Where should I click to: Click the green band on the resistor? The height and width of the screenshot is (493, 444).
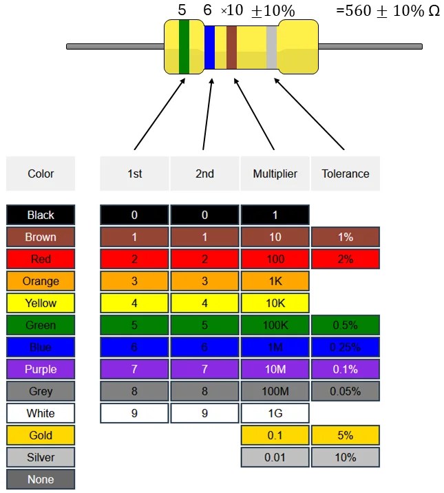tap(184, 47)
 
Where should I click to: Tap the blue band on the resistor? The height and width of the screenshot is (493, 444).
tap(209, 47)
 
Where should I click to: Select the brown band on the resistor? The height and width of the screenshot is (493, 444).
tap(231, 47)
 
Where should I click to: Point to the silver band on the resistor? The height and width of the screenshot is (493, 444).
tap(271, 47)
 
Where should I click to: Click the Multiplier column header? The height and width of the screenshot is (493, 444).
tap(275, 174)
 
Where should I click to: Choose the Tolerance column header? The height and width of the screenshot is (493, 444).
tap(345, 174)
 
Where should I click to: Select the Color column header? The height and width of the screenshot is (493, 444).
tap(41, 174)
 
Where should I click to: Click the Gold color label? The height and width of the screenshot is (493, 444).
tap(41, 435)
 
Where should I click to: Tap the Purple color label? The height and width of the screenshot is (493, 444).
tap(41, 369)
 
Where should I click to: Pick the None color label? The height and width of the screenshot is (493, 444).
tap(41, 479)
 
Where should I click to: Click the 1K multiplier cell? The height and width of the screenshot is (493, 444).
tap(275, 281)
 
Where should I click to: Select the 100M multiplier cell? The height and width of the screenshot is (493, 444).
tap(275, 391)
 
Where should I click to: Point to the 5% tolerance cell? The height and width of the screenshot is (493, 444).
tap(345, 435)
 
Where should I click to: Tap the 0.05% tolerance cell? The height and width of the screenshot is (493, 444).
tap(345, 391)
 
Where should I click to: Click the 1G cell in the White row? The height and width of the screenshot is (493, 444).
tap(275, 413)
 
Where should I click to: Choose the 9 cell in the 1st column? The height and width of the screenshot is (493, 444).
tap(134, 413)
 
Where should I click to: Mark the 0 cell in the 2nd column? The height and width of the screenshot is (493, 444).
tap(204, 215)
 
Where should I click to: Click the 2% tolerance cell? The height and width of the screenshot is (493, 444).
tap(345, 259)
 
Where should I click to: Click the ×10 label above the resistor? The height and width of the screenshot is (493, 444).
tap(231, 11)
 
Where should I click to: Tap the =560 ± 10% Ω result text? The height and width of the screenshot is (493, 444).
tap(388, 12)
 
